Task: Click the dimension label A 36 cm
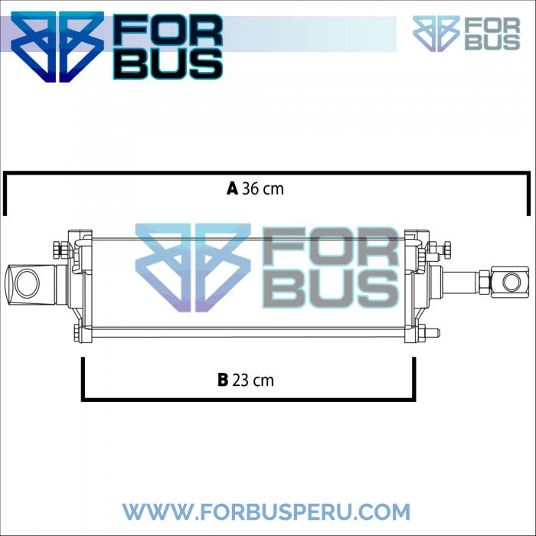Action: tap(255, 188)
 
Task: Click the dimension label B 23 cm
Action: tap(246, 380)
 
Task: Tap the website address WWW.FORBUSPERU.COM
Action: tap(266, 511)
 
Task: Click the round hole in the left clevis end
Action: tap(28, 283)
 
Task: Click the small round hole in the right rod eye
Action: tap(511, 283)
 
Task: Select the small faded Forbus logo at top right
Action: tap(466, 34)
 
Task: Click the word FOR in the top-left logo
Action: tap(168, 30)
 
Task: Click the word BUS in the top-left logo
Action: tap(168, 64)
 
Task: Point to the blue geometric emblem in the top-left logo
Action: tap(57, 47)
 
